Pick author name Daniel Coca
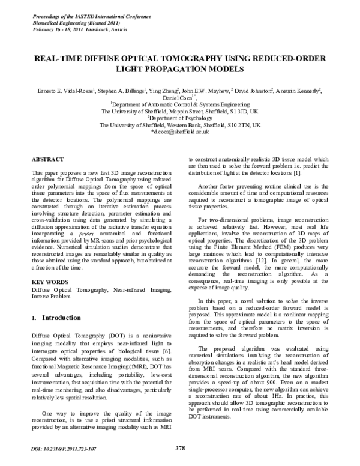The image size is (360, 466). pos(178,98)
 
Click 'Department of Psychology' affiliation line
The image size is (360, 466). pos(180,118)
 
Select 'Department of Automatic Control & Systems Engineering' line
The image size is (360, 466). pos(180,104)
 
